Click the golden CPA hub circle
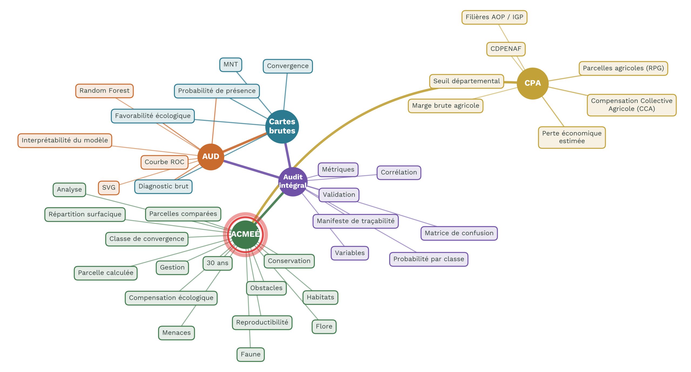pos(532,83)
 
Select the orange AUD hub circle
pos(211,157)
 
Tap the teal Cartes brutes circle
pos(282,127)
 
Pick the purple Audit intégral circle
pos(293,182)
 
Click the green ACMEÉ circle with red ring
pos(245,234)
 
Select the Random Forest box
pos(104,91)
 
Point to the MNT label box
pos(231,64)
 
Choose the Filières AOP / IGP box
pos(494,17)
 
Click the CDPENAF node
pos(506,49)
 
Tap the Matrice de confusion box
pos(459,233)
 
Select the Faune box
pos(250,354)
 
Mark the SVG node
pos(109,187)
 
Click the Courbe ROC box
pos(164,162)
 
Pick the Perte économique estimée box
pos(572,137)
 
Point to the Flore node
pos(324,326)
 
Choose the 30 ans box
pos(217,263)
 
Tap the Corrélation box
pos(399,172)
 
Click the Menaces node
pos(176,333)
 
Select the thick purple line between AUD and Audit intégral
pos(251,169)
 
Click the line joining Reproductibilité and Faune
pos(250,339)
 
